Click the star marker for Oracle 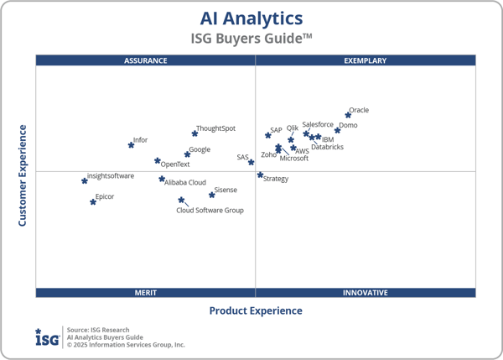(x=348, y=115)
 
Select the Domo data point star (x=338, y=130)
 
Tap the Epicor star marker (x=93, y=201)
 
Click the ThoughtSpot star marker (x=194, y=133)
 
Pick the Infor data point (x=131, y=145)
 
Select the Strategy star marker (x=260, y=175)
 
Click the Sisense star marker (x=211, y=195)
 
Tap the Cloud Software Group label (x=210, y=211)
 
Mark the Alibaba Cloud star (x=162, y=179)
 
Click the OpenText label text (x=175, y=164)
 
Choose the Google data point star (x=187, y=154)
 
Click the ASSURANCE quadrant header (x=146, y=60)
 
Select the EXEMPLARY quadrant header (x=366, y=60)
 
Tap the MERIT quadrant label (x=146, y=293)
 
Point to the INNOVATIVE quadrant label (x=366, y=293)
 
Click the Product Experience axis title (x=256, y=310)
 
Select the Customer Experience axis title (x=23, y=175)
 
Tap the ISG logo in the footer (x=47, y=337)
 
